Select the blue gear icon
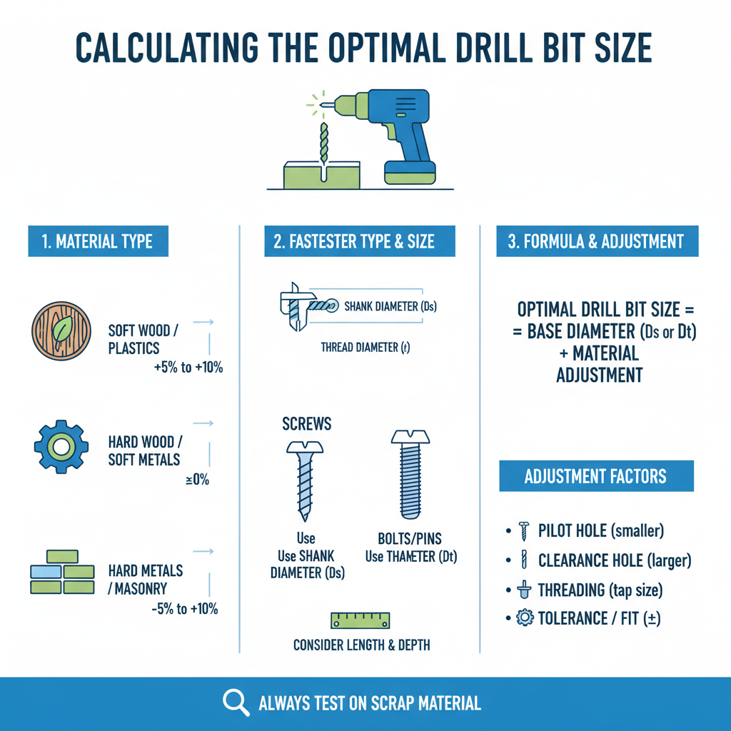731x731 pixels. tap(61, 447)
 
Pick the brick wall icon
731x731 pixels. tap(62, 571)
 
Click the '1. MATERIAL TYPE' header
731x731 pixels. tap(97, 241)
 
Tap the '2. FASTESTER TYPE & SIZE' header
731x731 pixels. tap(354, 241)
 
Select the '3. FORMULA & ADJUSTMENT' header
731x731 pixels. tap(596, 241)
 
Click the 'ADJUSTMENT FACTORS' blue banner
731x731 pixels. tap(596, 476)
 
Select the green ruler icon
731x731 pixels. tap(361, 618)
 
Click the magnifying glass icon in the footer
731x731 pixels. tap(236, 702)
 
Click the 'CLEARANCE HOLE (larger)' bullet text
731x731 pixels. tap(615, 560)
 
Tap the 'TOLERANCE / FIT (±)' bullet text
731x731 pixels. tap(599, 618)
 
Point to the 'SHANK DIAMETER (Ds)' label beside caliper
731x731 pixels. tap(390, 307)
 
